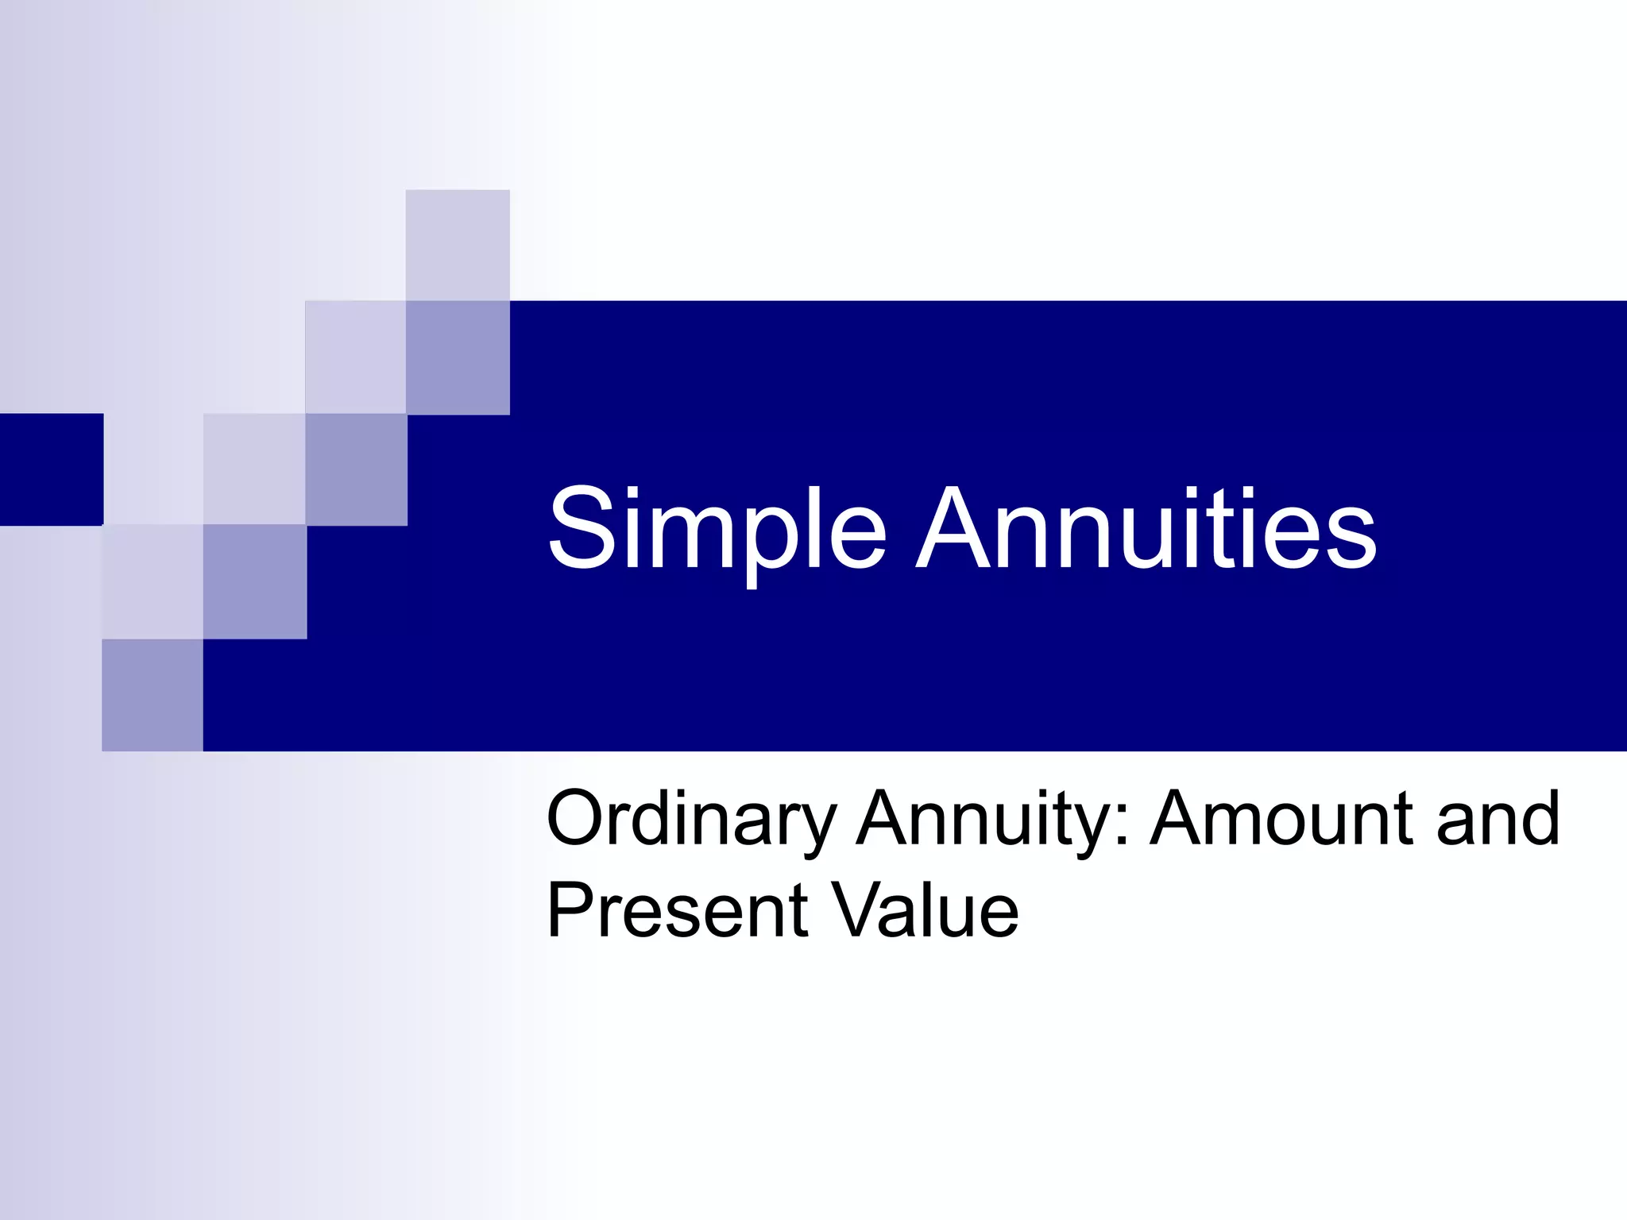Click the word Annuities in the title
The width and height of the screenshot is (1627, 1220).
click(1146, 528)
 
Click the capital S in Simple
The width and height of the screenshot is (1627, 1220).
click(582, 528)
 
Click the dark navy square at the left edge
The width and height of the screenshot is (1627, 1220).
click(51, 469)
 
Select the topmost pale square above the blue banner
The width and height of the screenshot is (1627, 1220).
click(458, 245)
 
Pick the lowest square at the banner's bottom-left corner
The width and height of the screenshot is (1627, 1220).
click(153, 695)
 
